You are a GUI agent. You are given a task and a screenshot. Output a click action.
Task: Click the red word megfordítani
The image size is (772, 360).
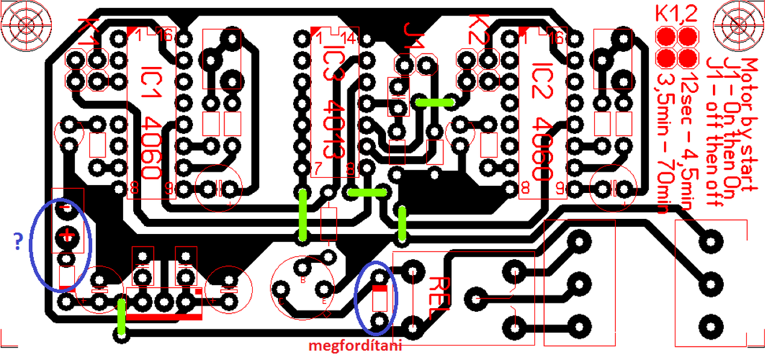click(x=355, y=347)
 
